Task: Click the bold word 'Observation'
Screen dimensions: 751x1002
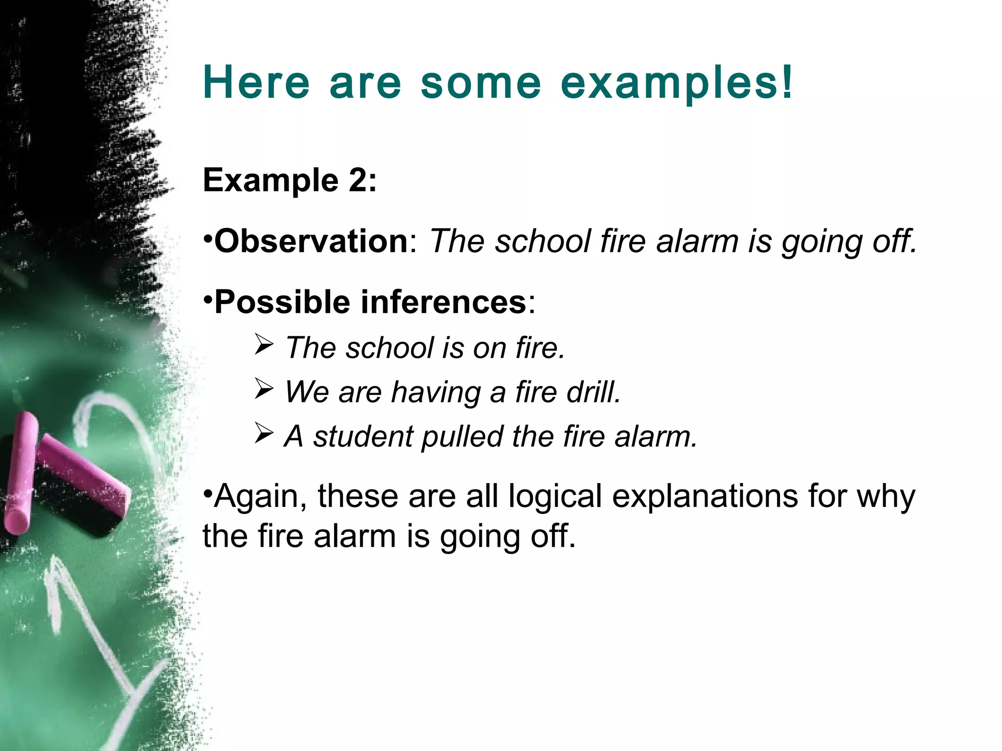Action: tap(311, 241)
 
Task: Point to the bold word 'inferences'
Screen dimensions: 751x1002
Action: tap(443, 302)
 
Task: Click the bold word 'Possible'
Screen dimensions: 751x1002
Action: tap(282, 302)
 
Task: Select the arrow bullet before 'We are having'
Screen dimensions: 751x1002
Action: tap(264, 390)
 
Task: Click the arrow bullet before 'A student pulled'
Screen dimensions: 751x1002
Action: tap(264, 434)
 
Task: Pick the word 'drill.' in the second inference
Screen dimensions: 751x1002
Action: tap(593, 392)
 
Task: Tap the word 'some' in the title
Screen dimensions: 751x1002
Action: tap(481, 83)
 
